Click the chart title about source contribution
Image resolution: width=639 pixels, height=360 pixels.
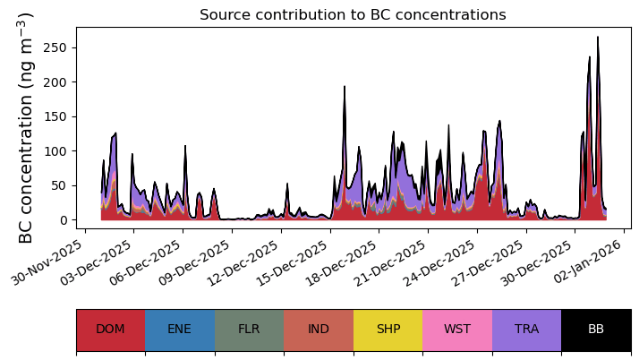(x=353, y=15)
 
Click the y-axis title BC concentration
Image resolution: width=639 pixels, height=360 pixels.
(x=26, y=127)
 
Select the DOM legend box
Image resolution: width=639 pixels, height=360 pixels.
(x=110, y=330)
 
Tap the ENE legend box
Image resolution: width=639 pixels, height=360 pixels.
(x=179, y=330)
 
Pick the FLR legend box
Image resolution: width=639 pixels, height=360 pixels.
(x=249, y=330)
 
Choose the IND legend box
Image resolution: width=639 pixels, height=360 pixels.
(x=319, y=330)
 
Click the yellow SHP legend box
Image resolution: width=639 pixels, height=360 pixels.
(x=388, y=330)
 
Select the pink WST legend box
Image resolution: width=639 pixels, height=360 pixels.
(x=457, y=330)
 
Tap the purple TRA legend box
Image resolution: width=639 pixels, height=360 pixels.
(x=526, y=330)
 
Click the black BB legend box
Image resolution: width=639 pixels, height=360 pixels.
(x=596, y=330)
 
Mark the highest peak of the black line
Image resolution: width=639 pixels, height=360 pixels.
(x=598, y=38)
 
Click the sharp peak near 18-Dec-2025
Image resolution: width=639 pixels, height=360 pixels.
(x=345, y=87)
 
